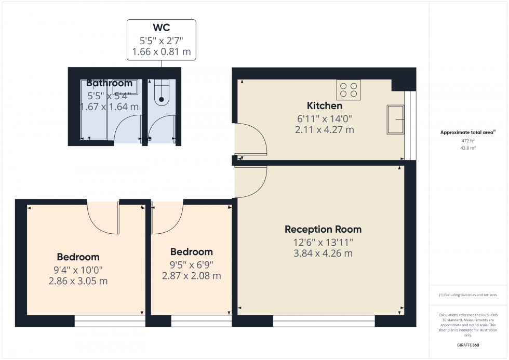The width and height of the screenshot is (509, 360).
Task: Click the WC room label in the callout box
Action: [x=162, y=27]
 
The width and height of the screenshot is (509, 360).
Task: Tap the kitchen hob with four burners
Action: [x=349, y=89]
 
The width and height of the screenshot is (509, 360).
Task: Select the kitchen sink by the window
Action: [x=395, y=119]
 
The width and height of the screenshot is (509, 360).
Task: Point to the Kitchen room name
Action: [x=324, y=105]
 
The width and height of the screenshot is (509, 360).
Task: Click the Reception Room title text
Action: [x=323, y=229]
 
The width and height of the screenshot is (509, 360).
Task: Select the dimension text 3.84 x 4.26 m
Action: [x=323, y=253]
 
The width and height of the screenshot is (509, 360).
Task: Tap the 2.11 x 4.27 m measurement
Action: [x=324, y=129]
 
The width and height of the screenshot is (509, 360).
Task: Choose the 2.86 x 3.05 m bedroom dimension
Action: [x=78, y=281]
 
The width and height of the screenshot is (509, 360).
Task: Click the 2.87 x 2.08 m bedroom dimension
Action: [x=192, y=276]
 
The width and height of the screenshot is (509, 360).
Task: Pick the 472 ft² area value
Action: [x=468, y=141]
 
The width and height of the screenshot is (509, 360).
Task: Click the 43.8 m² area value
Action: [x=468, y=148]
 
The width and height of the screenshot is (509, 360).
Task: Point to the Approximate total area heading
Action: [x=468, y=132]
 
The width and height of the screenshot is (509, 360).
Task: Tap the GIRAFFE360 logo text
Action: [x=468, y=345]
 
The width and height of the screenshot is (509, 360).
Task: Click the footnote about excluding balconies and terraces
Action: [x=468, y=295]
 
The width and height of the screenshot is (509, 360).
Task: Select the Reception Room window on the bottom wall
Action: [x=324, y=321]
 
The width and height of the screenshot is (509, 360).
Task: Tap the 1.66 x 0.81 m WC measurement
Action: [x=162, y=51]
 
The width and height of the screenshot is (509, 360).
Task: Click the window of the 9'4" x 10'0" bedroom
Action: [x=110, y=321]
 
